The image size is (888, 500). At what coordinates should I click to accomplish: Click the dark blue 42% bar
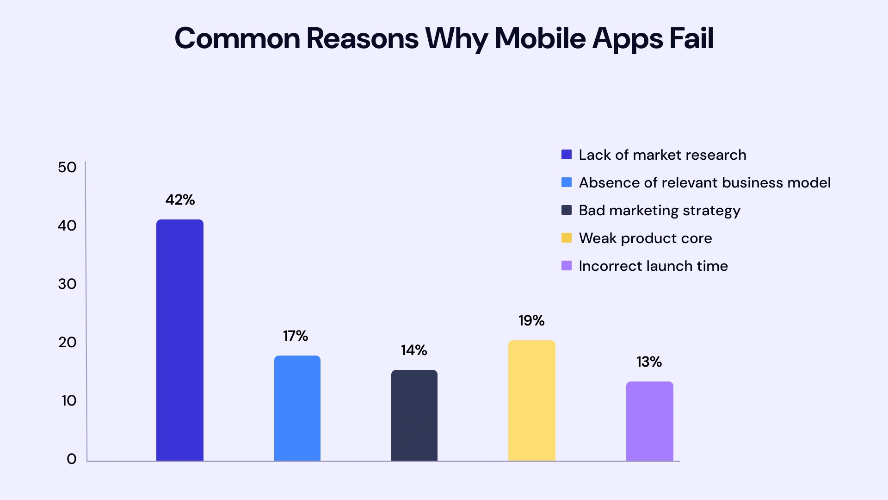point(179,340)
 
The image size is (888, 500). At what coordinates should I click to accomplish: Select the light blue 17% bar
point(297,408)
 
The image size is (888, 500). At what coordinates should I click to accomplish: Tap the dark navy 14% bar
point(414,415)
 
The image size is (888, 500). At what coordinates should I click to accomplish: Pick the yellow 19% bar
point(531,400)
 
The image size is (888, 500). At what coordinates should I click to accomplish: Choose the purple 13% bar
point(649,421)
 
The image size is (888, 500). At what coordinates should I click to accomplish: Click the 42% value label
point(180,200)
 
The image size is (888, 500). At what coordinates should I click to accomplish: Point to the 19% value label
point(531,320)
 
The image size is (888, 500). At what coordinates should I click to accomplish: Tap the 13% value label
point(649,362)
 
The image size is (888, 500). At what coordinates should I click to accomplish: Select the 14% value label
point(414,350)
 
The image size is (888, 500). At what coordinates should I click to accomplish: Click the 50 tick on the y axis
point(67,167)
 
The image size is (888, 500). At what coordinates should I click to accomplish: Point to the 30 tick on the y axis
point(67,284)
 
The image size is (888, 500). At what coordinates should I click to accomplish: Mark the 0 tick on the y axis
point(71,459)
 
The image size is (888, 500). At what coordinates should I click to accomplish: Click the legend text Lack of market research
point(662,155)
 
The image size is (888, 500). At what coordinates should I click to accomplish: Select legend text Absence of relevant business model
point(704,182)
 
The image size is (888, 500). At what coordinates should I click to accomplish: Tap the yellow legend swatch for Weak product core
point(567,238)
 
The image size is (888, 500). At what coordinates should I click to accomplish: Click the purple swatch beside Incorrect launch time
point(567,266)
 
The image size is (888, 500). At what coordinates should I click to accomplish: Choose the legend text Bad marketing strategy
point(660,211)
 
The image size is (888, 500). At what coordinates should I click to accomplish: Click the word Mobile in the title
point(541,38)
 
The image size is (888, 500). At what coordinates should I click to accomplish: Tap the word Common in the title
point(237,38)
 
